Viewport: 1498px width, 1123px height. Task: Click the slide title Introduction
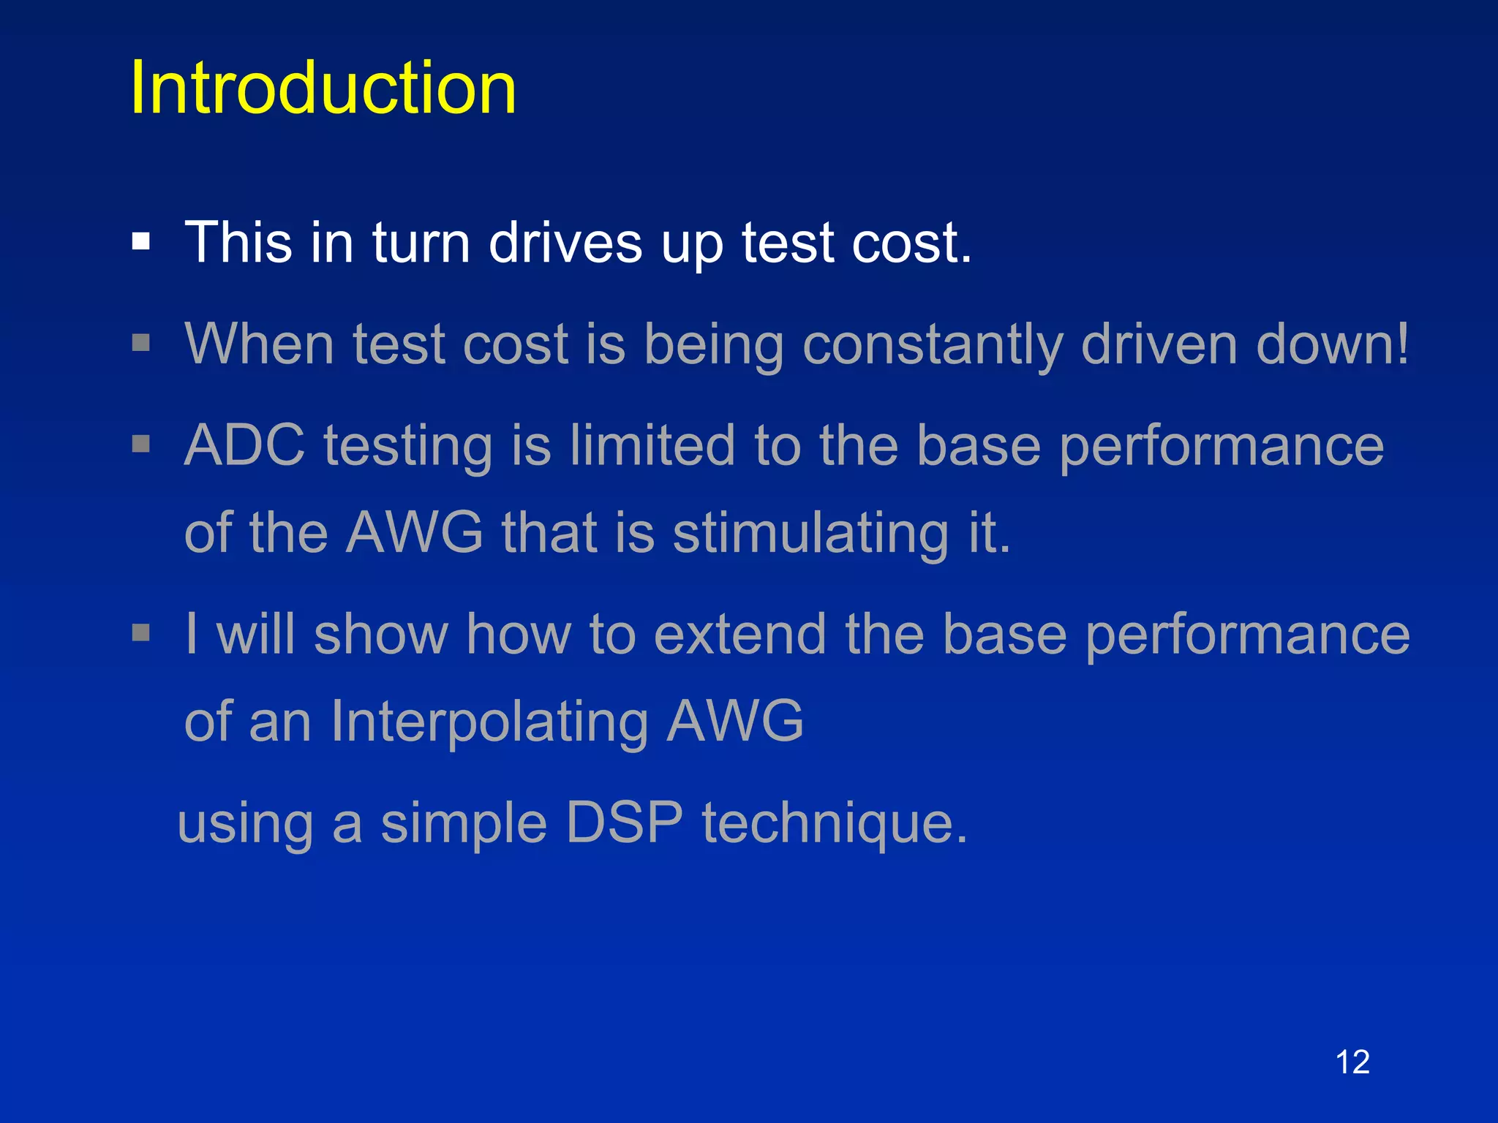pyautogui.click(x=323, y=88)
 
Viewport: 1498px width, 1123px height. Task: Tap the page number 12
pyautogui.click(x=1352, y=1062)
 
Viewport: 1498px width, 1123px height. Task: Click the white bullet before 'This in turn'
pyautogui.click(x=141, y=242)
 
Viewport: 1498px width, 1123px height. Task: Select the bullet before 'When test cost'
pyautogui.click(x=141, y=343)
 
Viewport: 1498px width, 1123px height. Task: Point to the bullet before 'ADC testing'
pyautogui.click(x=141, y=444)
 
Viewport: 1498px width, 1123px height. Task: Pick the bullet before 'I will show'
pyautogui.click(x=141, y=632)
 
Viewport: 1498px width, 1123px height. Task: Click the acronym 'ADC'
pyautogui.click(x=244, y=445)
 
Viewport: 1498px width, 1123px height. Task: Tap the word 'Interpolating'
pyautogui.click(x=489, y=722)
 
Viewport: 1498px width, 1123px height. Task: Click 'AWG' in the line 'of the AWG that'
pyautogui.click(x=415, y=533)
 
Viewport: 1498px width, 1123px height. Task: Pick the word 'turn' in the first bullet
pyautogui.click(x=421, y=243)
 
